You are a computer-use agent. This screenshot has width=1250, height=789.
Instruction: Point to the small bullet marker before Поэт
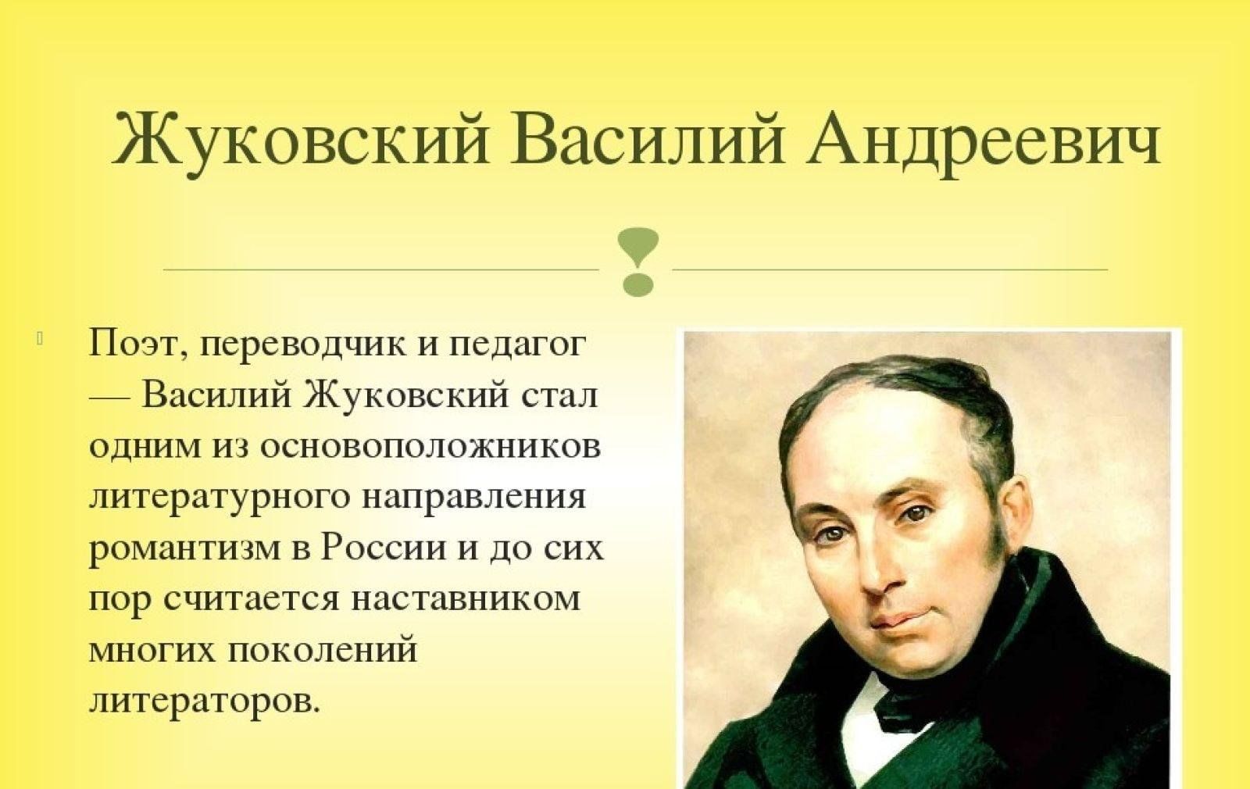(x=41, y=339)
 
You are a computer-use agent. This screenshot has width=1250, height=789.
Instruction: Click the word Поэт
(x=137, y=345)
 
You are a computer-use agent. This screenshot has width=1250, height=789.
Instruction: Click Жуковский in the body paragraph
(x=406, y=395)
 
